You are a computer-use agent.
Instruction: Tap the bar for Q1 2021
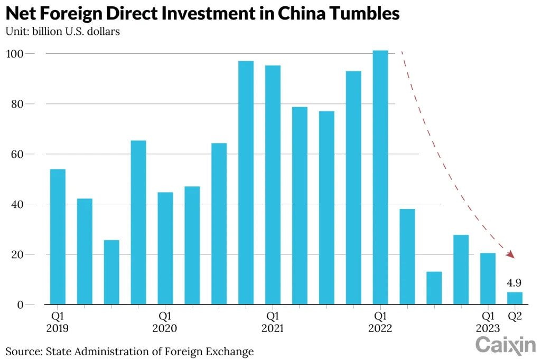point(273,185)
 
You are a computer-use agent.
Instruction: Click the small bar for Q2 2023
point(515,298)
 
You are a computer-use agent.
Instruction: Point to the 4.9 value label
point(514,283)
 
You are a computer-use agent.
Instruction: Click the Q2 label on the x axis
point(515,316)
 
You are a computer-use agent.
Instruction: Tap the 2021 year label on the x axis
point(273,328)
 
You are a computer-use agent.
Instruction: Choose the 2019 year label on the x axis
point(58,328)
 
